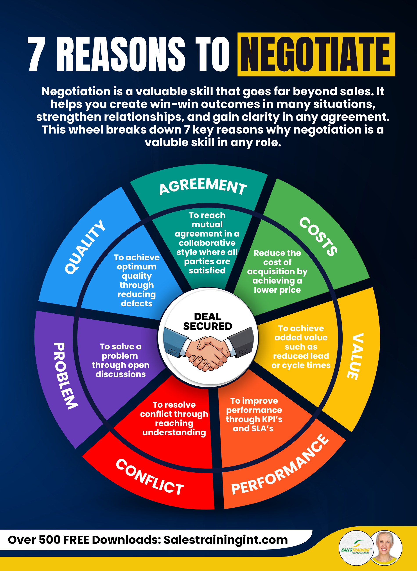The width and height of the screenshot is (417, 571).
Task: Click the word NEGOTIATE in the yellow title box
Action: point(316,54)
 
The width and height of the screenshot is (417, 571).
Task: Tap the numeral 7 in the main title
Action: point(37,54)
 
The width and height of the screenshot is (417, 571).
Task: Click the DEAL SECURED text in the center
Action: point(207,321)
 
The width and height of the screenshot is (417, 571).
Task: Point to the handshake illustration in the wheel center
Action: point(208,351)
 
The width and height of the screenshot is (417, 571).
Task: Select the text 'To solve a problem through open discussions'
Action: point(120,360)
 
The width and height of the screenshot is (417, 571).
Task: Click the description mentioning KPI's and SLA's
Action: point(254,414)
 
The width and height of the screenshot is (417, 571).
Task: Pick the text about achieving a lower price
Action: point(277,271)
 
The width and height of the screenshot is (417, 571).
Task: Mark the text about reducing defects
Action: point(137,280)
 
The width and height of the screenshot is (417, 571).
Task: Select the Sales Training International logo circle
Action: point(356,548)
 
